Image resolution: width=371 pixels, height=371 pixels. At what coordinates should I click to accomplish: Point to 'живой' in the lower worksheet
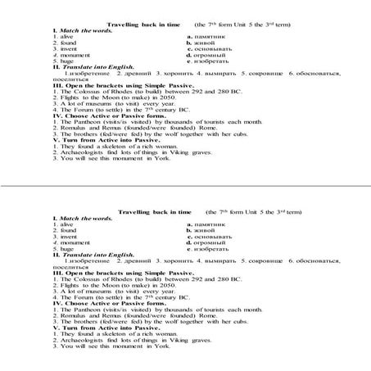(204, 231)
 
